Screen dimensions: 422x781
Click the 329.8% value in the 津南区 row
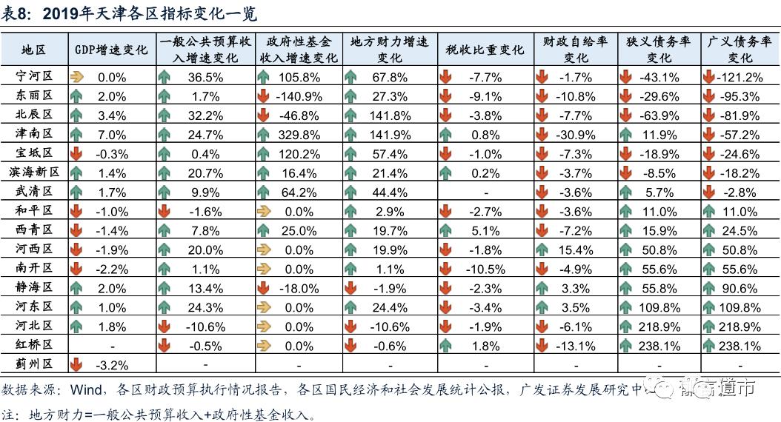pyautogui.click(x=300, y=135)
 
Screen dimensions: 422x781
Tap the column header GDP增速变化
pyautogui.click(x=112, y=50)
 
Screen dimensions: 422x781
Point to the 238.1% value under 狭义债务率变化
pyautogui.click(x=658, y=346)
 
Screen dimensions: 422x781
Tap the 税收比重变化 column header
pyautogui.click(x=485, y=50)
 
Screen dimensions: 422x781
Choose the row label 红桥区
pyautogui.click(x=34, y=346)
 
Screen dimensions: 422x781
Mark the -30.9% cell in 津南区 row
pyautogui.click(x=575, y=135)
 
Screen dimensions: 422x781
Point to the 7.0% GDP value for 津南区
pyautogui.click(x=112, y=135)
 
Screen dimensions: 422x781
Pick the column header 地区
pyautogui.click(x=34, y=50)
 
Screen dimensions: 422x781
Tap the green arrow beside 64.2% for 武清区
pyautogui.click(x=263, y=192)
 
